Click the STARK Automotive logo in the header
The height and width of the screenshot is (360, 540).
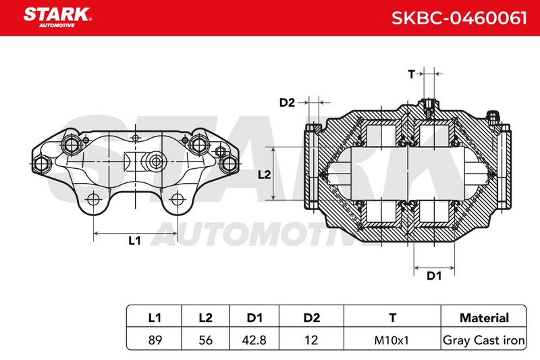[57, 18]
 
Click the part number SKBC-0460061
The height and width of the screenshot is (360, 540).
[459, 18]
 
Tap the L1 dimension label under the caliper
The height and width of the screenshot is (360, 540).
[134, 240]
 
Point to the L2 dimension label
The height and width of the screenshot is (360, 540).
[264, 175]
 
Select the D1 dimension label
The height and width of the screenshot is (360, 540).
[434, 276]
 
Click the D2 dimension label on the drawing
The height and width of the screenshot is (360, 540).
[287, 103]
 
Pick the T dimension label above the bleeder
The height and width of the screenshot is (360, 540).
[412, 74]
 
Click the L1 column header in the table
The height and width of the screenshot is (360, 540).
[155, 317]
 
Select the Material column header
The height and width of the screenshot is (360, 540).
[484, 317]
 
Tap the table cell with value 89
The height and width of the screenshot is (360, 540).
[155, 340]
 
